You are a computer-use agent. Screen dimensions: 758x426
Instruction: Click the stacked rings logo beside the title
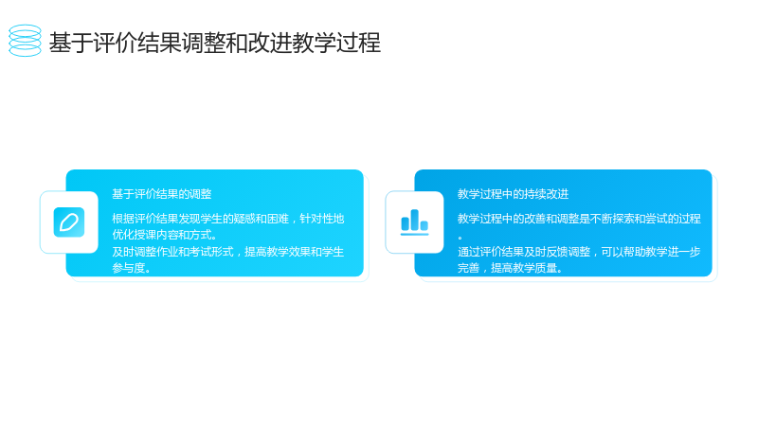coord(26,41)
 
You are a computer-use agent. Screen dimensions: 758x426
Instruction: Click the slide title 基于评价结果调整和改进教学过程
coord(215,43)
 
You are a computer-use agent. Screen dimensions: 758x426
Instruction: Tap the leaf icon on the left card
coord(69,222)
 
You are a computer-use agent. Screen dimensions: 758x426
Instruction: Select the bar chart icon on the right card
coord(414,222)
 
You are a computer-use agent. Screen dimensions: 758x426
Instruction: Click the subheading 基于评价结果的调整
coord(162,194)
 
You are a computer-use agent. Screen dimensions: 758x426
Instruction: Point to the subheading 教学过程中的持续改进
coord(513,194)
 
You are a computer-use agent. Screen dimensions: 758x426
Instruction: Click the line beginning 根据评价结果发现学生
coord(228,219)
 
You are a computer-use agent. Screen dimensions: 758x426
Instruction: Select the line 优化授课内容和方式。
coord(165,235)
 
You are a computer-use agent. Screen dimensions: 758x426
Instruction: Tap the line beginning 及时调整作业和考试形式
coord(228,252)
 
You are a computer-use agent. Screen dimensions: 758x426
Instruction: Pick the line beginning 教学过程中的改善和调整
coord(579,219)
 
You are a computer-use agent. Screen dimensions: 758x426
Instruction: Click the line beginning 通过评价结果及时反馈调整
coord(579,252)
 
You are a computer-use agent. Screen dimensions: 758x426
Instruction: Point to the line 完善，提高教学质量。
coord(510,268)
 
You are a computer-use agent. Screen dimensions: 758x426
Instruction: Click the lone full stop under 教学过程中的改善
coord(460,238)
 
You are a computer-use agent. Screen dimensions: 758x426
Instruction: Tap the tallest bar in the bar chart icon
coord(414,220)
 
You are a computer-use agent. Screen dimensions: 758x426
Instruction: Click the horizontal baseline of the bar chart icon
coord(414,234)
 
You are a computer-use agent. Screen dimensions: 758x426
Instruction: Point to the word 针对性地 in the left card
coord(322,219)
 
